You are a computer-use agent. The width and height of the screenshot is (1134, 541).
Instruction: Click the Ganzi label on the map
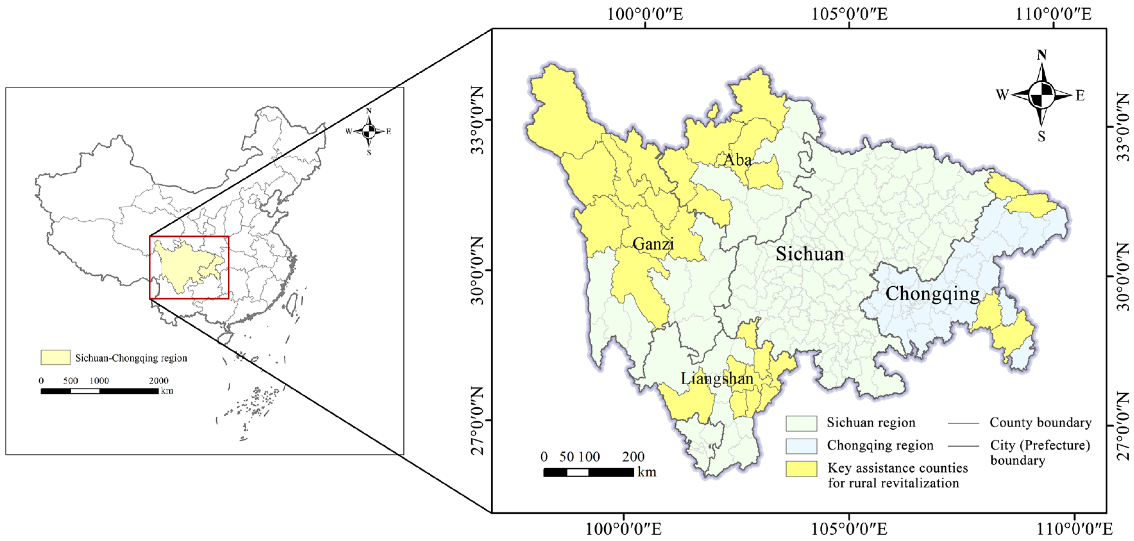(x=653, y=244)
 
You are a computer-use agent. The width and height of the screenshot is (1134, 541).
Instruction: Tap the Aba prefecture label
(x=737, y=160)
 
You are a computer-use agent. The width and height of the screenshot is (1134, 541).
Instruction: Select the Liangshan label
(x=717, y=378)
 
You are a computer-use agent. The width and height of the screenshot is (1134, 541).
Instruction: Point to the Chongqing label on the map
(x=932, y=293)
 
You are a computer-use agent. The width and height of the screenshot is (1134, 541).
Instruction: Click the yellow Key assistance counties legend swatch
(x=801, y=469)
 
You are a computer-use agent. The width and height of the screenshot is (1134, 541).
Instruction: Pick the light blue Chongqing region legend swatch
(x=801, y=446)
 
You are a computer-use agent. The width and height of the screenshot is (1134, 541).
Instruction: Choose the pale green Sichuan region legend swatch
(x=801, y=423)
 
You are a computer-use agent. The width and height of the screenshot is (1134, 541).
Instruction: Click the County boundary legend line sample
(x=963, y=423)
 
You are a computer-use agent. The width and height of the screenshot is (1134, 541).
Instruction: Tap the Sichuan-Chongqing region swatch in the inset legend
(x=55, y=357)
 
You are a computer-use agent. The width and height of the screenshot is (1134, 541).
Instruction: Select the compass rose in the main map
(x=1041, y=95)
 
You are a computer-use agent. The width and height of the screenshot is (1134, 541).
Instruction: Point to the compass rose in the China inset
(x=369, y=131)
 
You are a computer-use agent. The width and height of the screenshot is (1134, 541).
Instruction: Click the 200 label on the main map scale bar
(x=633, y=457)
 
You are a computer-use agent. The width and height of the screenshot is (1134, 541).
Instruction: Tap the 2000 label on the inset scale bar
(x=158, y=381)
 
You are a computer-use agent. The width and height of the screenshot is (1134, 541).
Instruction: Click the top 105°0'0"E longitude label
(x=849, y=14)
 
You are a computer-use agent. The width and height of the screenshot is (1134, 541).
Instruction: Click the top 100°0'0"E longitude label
(x=645, y=14)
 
